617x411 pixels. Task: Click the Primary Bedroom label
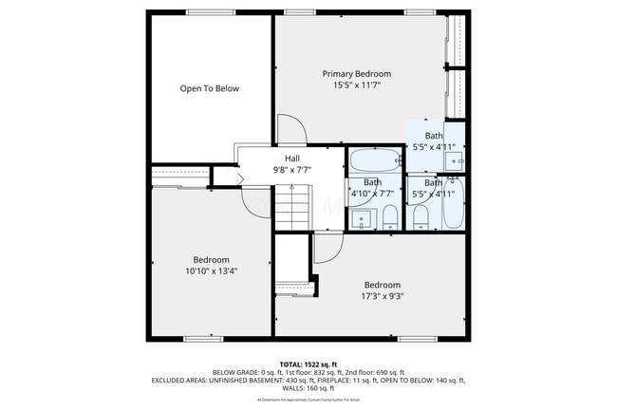pyautogui.click(x=356, y=73)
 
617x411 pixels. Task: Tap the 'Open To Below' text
pyautogui.click(x=210, y=88)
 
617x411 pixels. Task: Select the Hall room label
pyautogui.click(x=293, y=159)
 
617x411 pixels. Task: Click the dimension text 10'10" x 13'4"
pyautogui.click(x=211, y=271)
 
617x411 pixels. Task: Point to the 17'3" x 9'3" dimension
pyautogui.click(x=382, y=296)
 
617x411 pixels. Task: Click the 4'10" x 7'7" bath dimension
pyautogui.click(x=372, y=194)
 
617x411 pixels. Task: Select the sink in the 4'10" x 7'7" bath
pyautogui.click(x=362, y=220)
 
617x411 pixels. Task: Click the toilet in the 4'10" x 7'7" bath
pyautogui.click(x=389, y=219)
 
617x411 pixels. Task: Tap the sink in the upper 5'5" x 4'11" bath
pyautogui.click(x=454, y=160)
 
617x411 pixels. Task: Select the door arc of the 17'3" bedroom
pyautogui.click(x=327, y=248)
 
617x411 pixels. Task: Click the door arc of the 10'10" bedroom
pyautogui.click(x=257, y=202)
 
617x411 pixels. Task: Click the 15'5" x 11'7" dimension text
pyautogui.click(x=356, y=84)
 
